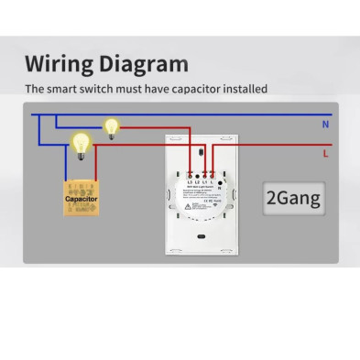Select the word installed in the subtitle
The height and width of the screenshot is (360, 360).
(241, 90)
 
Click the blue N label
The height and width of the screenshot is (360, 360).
(326, 122)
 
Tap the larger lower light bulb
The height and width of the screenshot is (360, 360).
(81, 143)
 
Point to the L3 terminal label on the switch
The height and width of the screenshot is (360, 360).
(189, 183)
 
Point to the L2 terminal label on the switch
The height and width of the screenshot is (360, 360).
(196, 183)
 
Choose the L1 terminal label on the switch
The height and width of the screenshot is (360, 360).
(204, 183)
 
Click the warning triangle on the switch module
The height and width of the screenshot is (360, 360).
(189, 206)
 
